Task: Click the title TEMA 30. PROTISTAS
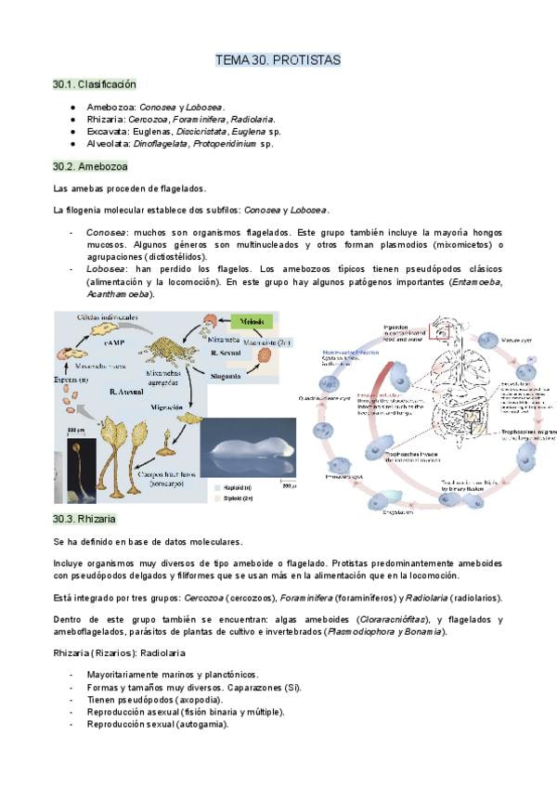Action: (278, 60)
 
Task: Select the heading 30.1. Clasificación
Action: (88, 84)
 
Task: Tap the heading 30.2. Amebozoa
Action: (90, 166)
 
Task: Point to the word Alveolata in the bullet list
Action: (109, 144)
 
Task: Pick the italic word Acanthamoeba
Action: (118, 294)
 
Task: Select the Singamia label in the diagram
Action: (226, 377)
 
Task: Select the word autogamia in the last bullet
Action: (200, 725)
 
